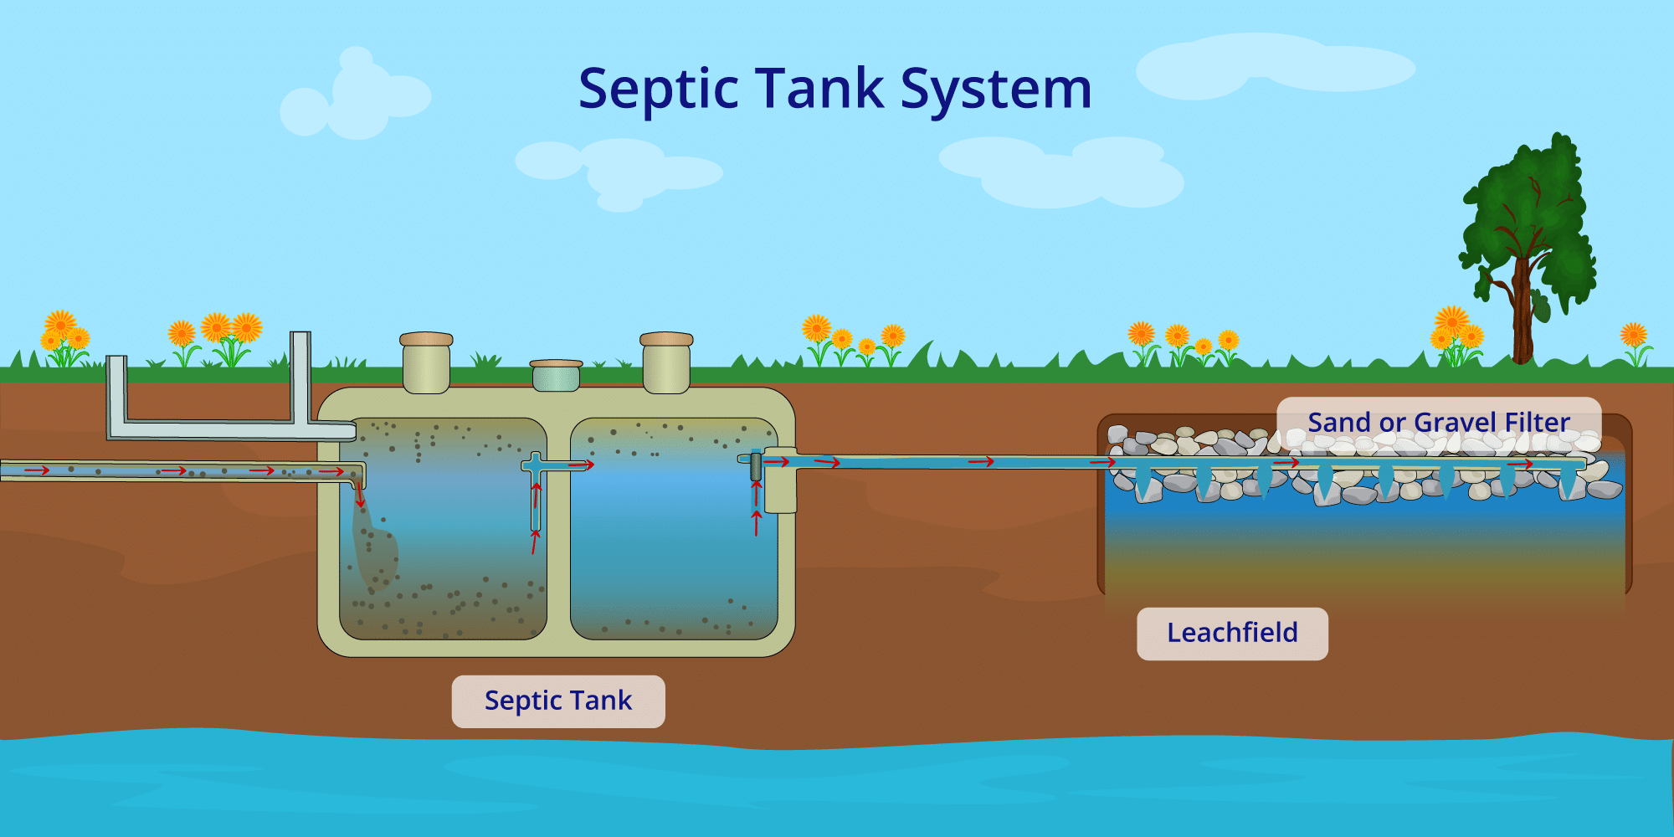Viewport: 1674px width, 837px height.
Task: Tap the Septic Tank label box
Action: click(558, 701)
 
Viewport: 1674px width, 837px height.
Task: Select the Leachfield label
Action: click(1232, 634)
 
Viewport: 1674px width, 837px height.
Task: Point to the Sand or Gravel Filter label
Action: click(1439, 423)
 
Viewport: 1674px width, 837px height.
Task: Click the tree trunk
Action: click(1523, 318)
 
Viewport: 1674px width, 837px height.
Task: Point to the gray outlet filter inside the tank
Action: click(756, 466)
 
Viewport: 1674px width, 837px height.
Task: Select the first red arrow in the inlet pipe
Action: click(37, 470)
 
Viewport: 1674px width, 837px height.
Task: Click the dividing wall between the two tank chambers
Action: click(558, 527)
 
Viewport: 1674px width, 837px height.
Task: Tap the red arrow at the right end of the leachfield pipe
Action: click(1520, 464)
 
